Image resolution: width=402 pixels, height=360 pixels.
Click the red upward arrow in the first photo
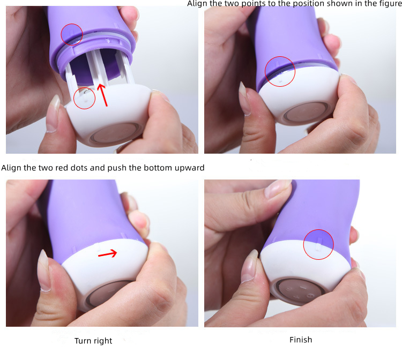(x=103, y=95)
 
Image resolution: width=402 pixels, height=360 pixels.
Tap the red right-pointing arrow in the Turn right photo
(x=108, y=254)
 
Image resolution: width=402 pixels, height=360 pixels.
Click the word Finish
(x=301, y=340)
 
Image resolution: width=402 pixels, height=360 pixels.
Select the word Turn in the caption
(x=83, y=341)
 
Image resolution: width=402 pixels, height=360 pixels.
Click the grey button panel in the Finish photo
(x=301, y=291)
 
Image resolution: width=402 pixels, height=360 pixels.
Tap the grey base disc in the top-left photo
(x=115, y=133)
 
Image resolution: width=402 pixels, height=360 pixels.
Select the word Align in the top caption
(x=196, y=4)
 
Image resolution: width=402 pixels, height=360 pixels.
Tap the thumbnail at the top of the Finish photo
(x=278, y=189)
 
